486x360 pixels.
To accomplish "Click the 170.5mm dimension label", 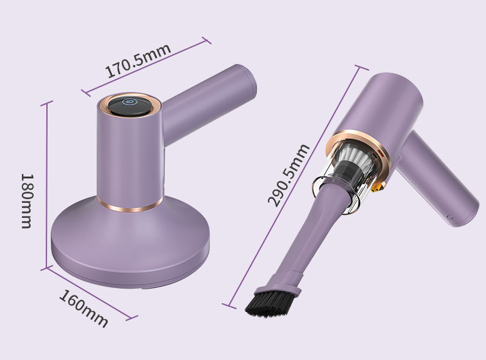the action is [x=138, y=60].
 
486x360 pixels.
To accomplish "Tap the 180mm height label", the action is [x=27, y=201].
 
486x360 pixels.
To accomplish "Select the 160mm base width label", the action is [x=84, y=309].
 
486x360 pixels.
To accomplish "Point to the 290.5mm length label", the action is [x=288, y=175].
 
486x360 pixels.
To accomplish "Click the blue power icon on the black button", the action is [x=128, y=101].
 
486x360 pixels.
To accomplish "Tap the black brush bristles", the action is [x=269, y=304].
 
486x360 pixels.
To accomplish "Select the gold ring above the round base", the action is [x=130, y=205].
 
